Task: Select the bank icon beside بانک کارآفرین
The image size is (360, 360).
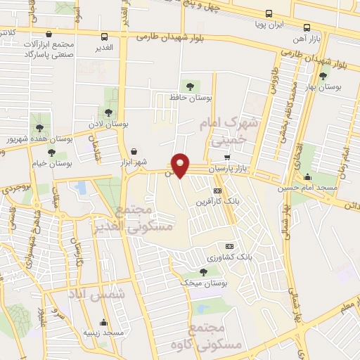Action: [x=218, y=191]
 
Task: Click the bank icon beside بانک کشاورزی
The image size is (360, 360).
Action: [x=229, y=247]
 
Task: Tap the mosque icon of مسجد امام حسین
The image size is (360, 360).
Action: [x=307, y=176]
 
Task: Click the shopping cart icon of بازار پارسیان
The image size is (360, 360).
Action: [x=226, y=157]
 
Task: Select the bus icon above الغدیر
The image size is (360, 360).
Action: [x=104, y=37]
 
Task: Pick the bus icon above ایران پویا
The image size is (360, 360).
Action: [x=268, y=13]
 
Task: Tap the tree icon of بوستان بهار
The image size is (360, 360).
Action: [x=323, y=76]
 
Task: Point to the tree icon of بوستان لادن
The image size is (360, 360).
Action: [x=108, y=112]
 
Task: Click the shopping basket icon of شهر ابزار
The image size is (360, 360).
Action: [x=134, y=151]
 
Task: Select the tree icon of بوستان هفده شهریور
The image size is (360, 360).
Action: [x=39, y=127]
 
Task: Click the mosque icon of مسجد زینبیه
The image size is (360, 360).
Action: [x=103, y=323]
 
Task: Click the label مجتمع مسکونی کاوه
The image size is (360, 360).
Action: [x=216, y=337]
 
